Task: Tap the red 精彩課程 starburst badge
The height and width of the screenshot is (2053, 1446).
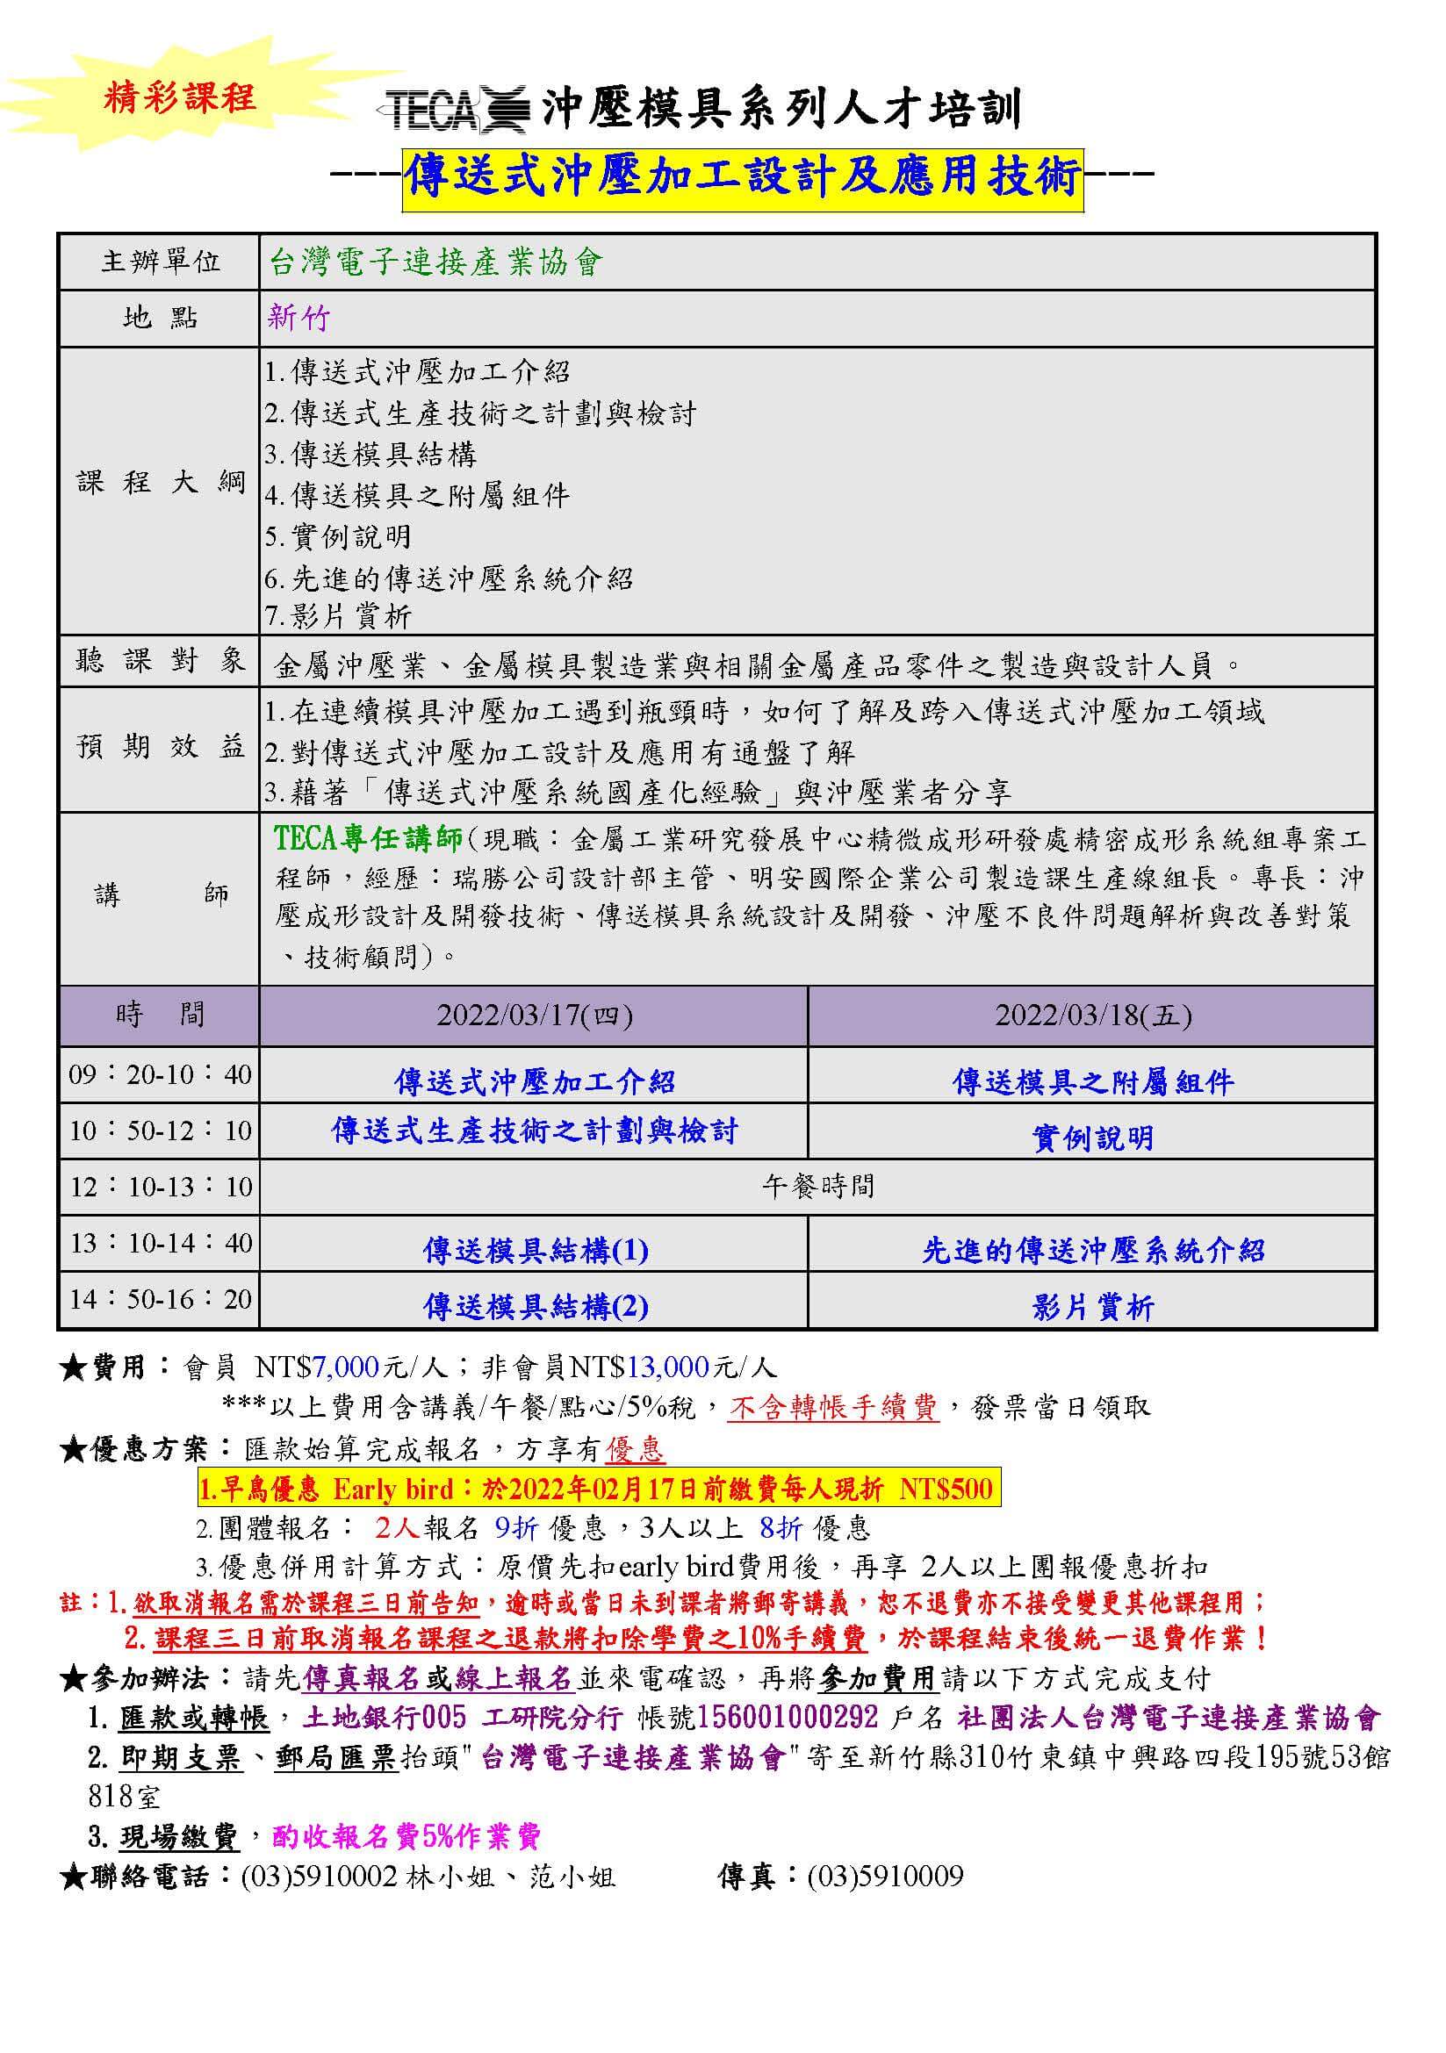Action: (179, 97)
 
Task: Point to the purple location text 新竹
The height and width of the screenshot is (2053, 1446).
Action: (299, 319)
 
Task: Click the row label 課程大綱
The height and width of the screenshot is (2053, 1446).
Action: (160, 483)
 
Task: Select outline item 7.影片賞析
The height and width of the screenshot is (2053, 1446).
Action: (338, 616)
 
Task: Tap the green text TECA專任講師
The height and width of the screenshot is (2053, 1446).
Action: (368, 838)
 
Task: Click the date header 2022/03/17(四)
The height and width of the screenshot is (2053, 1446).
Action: (534, 1016)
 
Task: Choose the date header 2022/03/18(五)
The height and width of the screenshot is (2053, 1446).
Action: (1093, 1016)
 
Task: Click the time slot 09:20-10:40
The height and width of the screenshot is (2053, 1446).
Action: (160, 1073)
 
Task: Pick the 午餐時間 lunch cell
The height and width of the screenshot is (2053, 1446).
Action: (817, 1187)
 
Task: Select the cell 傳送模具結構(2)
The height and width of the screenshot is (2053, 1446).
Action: (535, 1306)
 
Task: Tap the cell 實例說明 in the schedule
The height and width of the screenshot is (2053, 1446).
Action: (1093, 1138)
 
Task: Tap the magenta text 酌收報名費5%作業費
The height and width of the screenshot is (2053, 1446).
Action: (406, 1835)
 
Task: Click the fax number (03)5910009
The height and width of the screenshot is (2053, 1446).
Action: (884, 1876)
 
